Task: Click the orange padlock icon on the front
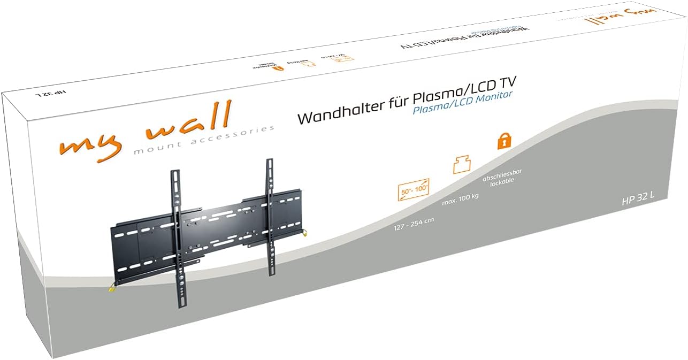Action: pos(503,141)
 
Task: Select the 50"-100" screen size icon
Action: pos(413,190)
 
